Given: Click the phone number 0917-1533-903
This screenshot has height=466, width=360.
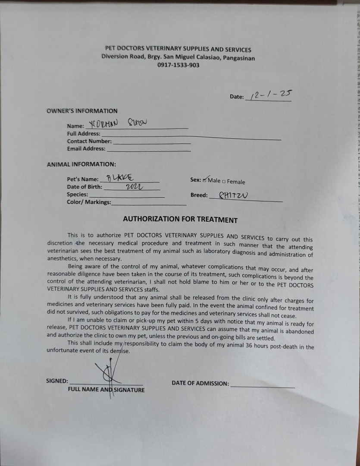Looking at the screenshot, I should pyautogui.click(x=178, y=65).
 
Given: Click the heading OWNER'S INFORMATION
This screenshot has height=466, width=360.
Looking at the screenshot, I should pyautogui.click(x=82, y=111).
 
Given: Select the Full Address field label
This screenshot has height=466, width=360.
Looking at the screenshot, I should pyautogui.click(x=84, y=134).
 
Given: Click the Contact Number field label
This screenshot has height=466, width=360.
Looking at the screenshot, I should pyautogui.click(x=89, y=141).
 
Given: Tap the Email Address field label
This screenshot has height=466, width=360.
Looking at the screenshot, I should pyautogui.click(x=86, y=149).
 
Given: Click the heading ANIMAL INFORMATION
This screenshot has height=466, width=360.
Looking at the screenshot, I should pyautogui.click(x=81, y=164).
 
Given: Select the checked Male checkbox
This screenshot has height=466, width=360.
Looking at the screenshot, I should pyautogui.click(x=205, y=180).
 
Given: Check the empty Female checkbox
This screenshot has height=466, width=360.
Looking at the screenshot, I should pyautogui.click(x=224, y=182).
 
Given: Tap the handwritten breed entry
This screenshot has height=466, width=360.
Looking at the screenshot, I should pyautogui.click(x=233, y=195).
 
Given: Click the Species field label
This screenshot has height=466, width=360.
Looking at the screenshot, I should pyautogui.click(x=78, y=195).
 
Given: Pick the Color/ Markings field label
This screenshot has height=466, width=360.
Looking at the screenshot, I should pyautogui.click(x=89, y=202).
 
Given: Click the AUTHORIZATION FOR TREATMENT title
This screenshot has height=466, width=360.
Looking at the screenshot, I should pyautogui.click(x=180, y=219).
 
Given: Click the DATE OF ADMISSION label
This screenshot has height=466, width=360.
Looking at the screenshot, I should pyautogui.click(x=200, y=383).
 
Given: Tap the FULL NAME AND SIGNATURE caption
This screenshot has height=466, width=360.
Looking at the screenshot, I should pyautogui.click(x=106, y=390).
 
